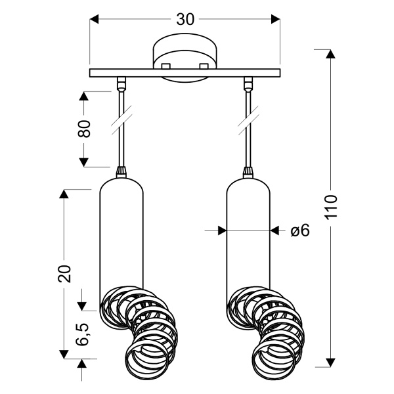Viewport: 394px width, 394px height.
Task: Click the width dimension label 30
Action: click(x=186, y=20)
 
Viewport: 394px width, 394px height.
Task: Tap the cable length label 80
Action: click(x=85, y=128)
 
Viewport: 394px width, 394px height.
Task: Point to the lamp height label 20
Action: click(x=64, y=273)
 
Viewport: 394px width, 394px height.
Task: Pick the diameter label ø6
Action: click(x=299, y=230)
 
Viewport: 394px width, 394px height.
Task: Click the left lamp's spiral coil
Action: click(x=141, y=328)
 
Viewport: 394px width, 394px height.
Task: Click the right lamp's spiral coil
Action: click(x=269, y=328)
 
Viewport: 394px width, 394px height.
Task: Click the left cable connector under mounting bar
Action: click(x=121, y=83)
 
